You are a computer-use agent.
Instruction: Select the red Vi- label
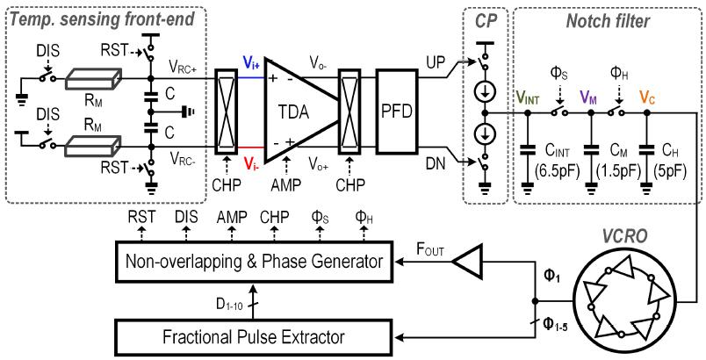tap(250, 162)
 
